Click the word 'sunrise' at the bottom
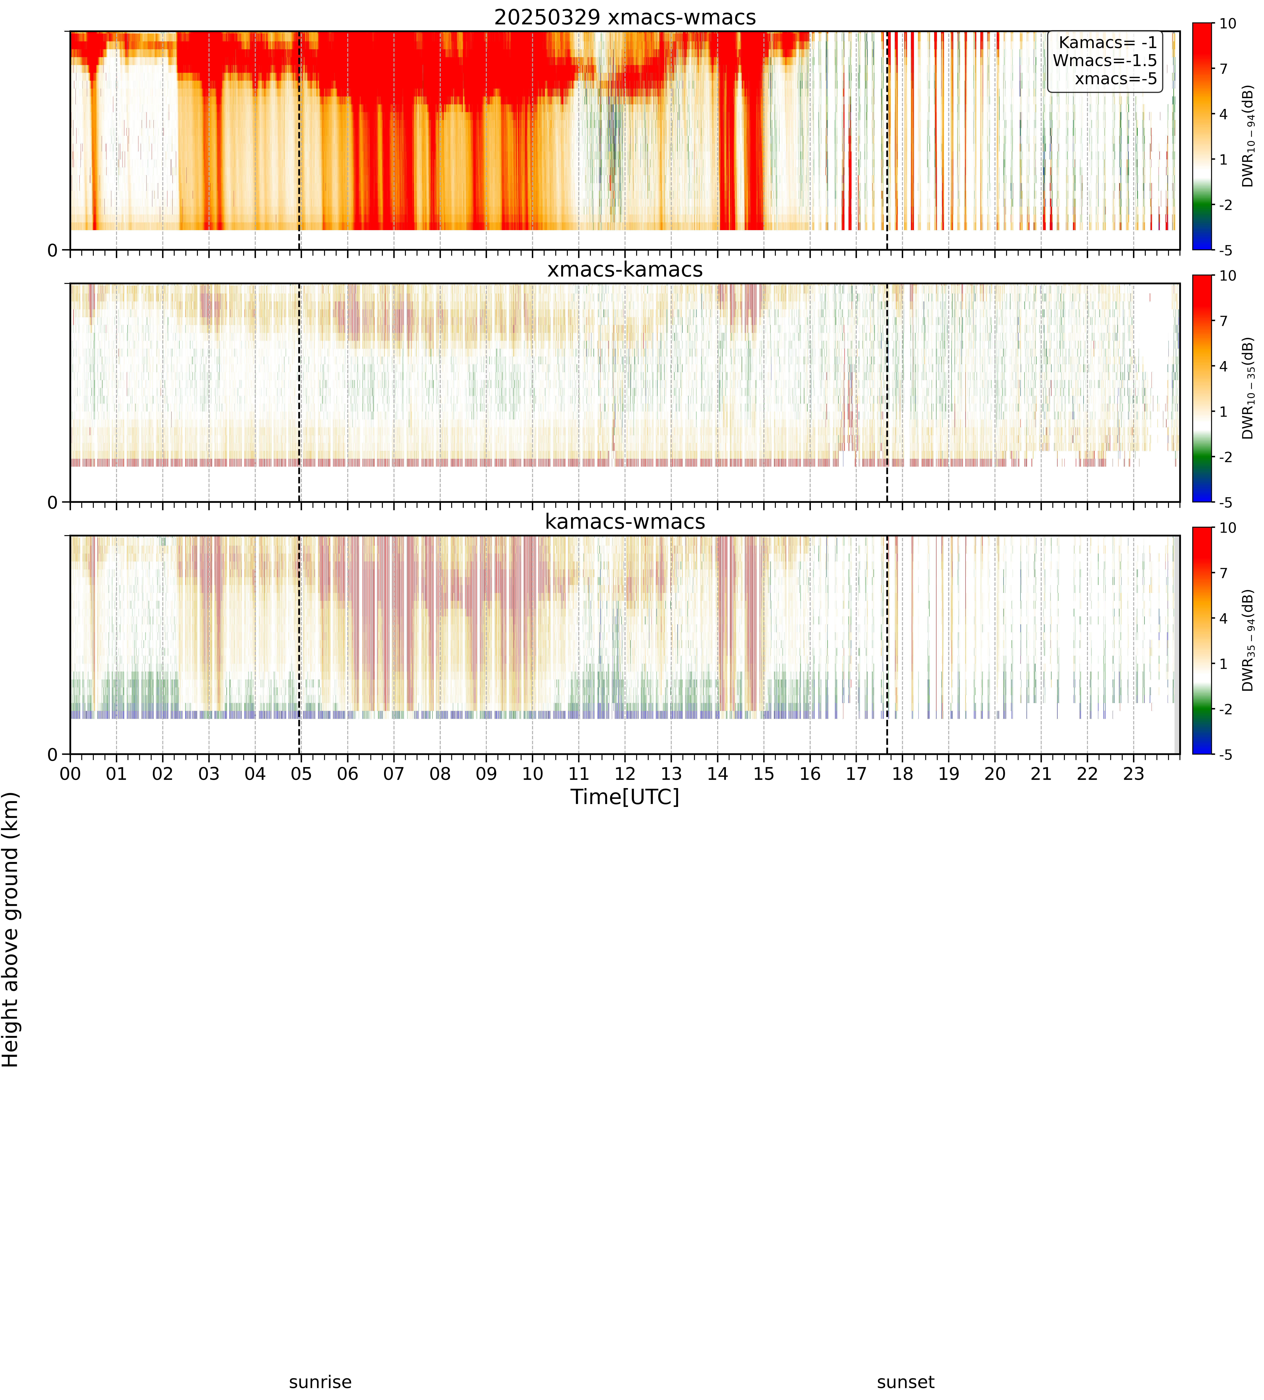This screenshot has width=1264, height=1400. (320, 1382)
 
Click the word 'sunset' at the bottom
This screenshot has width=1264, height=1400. (906, 1382)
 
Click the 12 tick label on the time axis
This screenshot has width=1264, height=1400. (625, 774)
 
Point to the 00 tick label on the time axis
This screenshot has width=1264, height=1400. (70, 774)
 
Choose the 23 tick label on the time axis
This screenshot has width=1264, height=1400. (1134, 774)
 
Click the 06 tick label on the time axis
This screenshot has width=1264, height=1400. (347, 774)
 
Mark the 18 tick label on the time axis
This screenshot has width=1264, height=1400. (902, 774)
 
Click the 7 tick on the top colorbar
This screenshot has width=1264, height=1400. (1224, 69)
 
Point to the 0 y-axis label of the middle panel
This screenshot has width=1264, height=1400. (53, 502)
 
